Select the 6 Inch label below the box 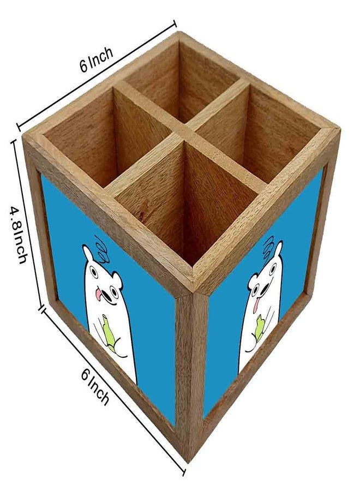pos(95,386)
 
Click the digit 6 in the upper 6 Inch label pos(84,67)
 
